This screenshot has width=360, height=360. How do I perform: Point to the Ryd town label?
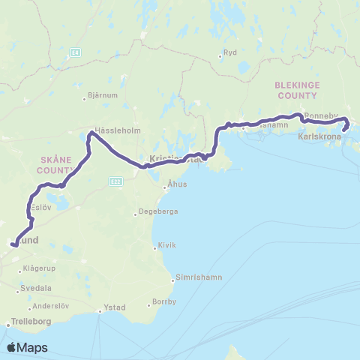click(230, 54)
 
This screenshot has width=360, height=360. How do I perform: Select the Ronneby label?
click(322, 118)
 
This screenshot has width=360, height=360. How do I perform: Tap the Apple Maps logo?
click(27, 347)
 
